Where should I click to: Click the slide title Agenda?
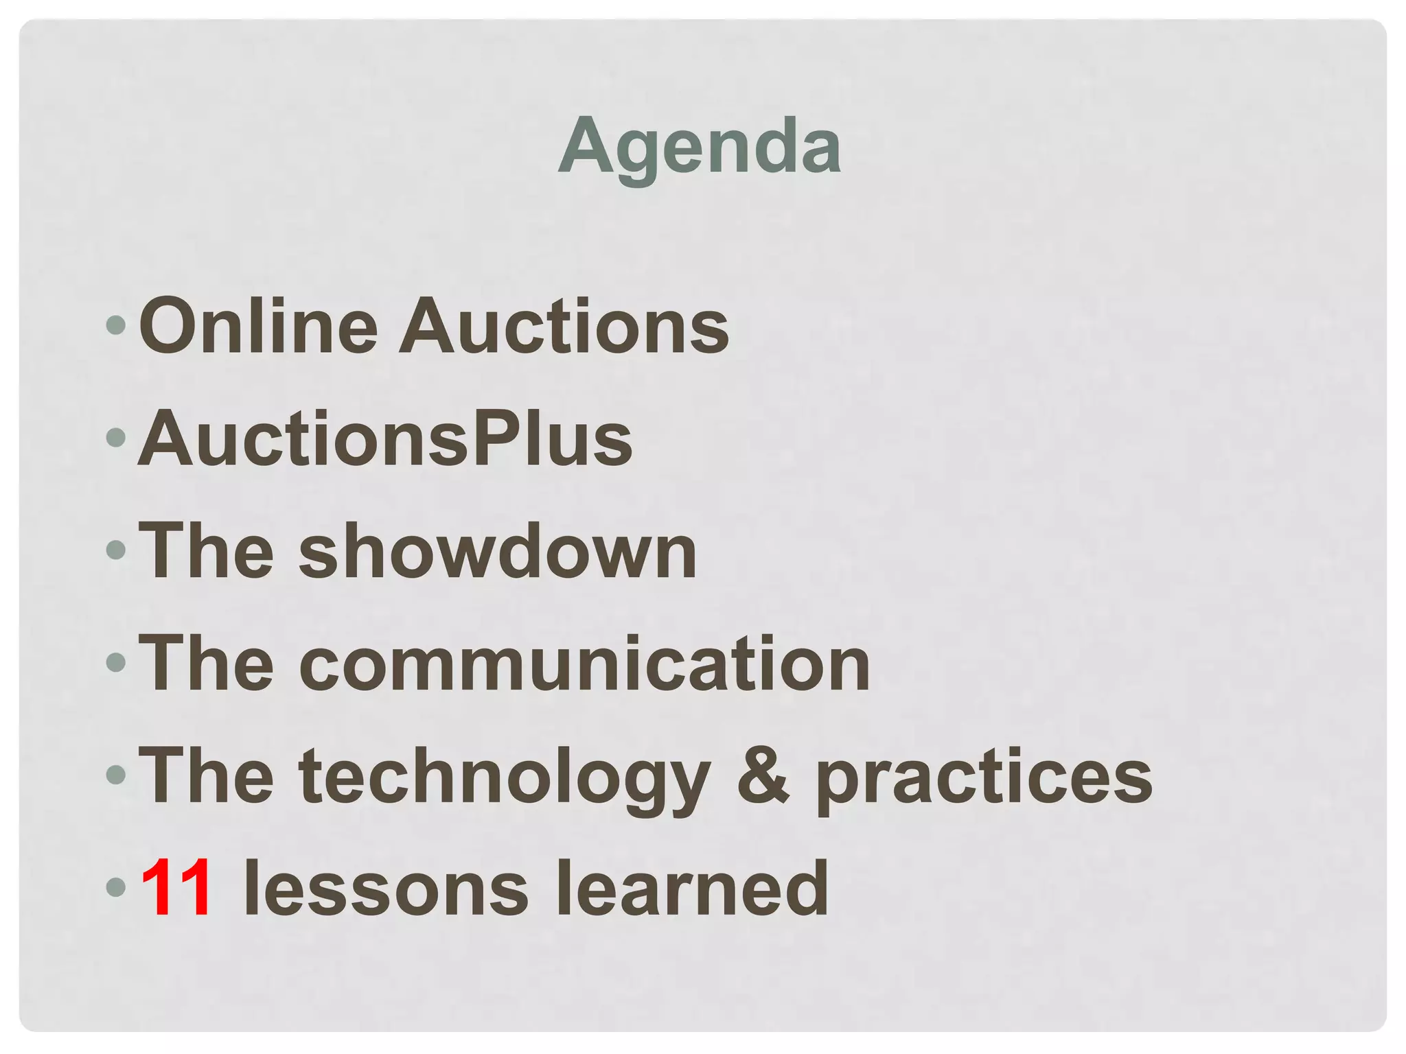point(700,146)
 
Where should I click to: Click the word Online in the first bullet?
point(258,326)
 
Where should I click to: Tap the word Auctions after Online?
point(564,326)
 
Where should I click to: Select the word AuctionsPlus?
point(385,438)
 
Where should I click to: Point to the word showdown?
point(498,551)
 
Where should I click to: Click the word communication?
point(584,664)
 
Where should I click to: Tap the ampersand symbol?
point(763,775)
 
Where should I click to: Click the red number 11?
point(176,889)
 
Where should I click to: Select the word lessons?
point(386,889)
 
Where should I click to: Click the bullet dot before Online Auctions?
point(117,325)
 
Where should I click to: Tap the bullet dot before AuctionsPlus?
point(117,437)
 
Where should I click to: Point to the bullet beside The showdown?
point(117,550)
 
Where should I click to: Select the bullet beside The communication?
point(117,662)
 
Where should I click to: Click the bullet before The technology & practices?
point(117,775)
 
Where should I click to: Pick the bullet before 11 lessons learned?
point(117,887)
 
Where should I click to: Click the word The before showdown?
point(207,551)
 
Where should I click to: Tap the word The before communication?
point(207,664)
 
